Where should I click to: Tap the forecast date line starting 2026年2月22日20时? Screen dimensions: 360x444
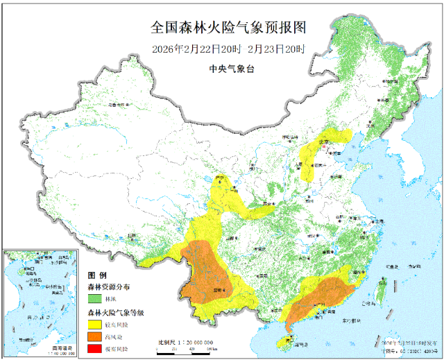[x=228, y=50]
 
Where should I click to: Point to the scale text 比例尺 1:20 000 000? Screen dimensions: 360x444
[x=185, y=342]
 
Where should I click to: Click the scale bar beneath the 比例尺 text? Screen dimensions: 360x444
[x=185, y=349]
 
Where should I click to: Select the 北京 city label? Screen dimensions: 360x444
[x=323, y=142]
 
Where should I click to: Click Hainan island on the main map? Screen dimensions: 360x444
[x=285, y=340]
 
